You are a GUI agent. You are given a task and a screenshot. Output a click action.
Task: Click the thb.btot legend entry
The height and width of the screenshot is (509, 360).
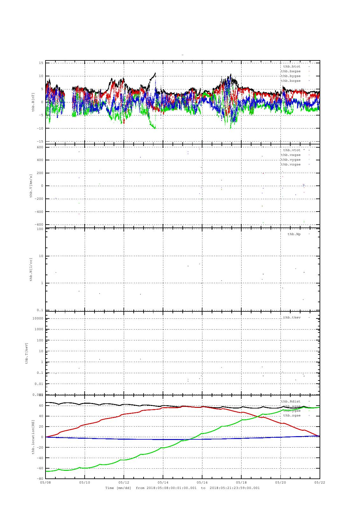point(292,66)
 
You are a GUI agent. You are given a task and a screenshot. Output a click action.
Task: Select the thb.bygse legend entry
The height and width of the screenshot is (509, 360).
point(291,76)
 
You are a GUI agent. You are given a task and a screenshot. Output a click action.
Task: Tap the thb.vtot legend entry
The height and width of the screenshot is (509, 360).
point(292,150)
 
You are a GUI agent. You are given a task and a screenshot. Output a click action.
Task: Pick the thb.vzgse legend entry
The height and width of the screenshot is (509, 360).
point(291,164)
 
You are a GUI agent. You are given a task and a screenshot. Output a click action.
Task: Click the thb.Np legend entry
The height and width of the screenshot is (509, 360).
point(294,234)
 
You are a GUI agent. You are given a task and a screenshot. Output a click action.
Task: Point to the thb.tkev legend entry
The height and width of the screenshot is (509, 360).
point(292,317)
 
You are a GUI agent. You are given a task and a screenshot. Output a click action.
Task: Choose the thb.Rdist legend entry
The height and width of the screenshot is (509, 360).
point(291,401)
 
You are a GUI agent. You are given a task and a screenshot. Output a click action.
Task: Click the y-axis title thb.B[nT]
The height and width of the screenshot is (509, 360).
point(33,102)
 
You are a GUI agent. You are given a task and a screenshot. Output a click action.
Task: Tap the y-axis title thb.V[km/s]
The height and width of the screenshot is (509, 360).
point(31,186)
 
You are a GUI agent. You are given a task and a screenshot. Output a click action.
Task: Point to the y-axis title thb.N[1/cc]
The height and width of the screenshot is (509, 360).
point(31,269)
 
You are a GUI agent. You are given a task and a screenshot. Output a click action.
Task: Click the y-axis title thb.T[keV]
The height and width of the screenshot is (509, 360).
point(27,353)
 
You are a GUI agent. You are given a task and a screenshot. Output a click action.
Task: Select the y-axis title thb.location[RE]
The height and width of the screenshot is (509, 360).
point(33,437)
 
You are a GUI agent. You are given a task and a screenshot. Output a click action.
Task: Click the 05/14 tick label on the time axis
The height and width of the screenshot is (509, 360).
point(163,482)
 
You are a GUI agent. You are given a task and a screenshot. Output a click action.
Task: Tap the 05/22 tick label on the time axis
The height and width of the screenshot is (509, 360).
point(320,482)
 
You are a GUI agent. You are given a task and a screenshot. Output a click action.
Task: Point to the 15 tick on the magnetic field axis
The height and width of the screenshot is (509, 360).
point(41,63)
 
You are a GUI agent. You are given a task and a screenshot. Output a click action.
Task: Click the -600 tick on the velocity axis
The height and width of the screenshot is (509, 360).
point(39,225)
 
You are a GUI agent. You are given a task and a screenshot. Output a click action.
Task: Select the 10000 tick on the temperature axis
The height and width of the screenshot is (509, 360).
point(39,318)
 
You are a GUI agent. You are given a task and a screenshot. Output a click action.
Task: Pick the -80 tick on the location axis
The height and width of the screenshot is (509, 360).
point(39,479)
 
